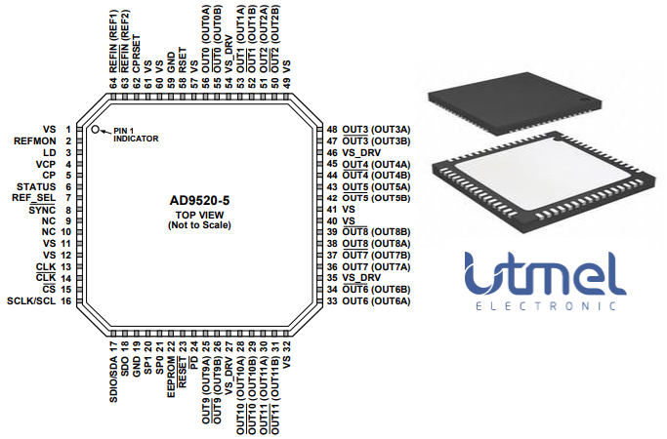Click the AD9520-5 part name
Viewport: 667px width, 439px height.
(x=206, y=200)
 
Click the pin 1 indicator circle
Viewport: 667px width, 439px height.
(x=96, y=129)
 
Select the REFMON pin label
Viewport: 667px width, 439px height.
(x=35, y=140)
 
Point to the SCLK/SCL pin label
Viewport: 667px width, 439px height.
(x=31, y=301)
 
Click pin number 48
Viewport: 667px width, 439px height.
(x=332, y=130)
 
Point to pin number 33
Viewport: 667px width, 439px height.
(x=332, y=301)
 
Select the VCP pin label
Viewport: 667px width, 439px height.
(x=45, y=164)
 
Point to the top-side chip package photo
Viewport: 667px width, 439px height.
(x=516, y=97)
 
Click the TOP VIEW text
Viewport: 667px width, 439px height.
(x=206, y=216)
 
